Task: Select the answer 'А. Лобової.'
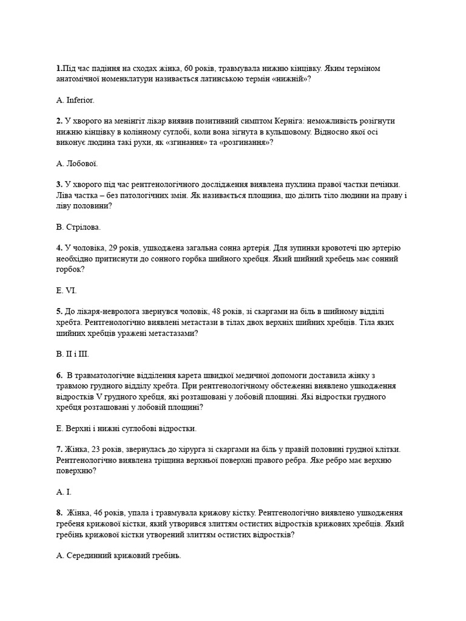click(76, 163)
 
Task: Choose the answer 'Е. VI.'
click(66, 290)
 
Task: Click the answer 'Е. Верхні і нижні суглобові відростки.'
click(126, 428)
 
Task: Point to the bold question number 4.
click(59, 248)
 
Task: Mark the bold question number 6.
click(59, 375)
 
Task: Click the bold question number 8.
click(59, 513)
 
